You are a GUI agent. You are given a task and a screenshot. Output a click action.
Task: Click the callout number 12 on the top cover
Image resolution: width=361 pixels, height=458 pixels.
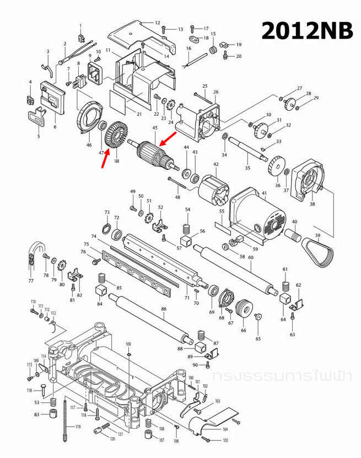coord(157,23)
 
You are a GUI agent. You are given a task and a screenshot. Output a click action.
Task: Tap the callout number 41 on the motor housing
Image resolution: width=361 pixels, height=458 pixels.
coord(264,193)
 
